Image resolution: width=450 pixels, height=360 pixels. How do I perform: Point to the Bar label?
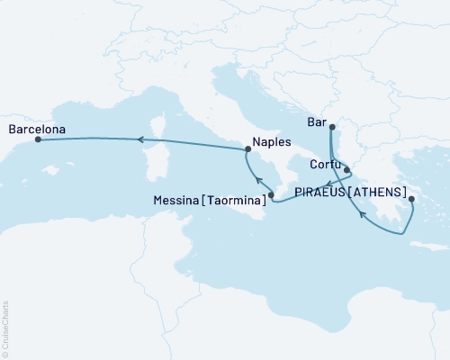click(314, 127)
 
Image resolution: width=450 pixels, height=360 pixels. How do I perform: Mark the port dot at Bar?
click(332, 127)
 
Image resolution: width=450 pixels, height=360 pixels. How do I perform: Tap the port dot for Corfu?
click(347, 168)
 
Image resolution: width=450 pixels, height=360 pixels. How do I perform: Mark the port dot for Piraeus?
click(410, 200)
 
